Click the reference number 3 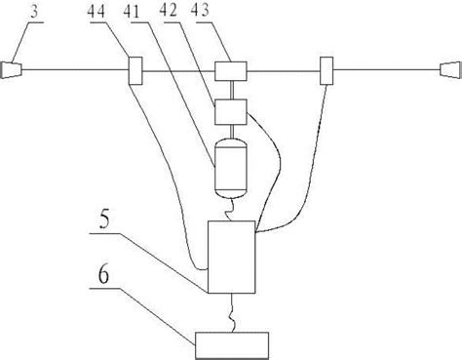(x=34, y=11)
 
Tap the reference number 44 (x=96, y=11)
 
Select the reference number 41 (x=132, y=12)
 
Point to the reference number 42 (x=168, y=11)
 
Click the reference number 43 (x=200, y=11)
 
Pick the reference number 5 (x=104, y=220)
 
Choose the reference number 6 (x=103, y=276)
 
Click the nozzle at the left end (x=11, y=70)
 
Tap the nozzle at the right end (x=450, y=70)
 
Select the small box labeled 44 (x=135, y=70)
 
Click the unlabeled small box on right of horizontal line (x=327, y=70)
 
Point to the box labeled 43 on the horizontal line (x=231, y=71)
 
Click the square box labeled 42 (x=231, y=112)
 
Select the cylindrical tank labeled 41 (x=231, y=168)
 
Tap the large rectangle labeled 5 (x=231, y=257)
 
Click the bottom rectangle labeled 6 (x=232, y=345)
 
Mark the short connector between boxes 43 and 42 (x=231, y=90)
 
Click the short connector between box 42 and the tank (x=231, y=132)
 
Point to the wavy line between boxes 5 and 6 (x=233, y=312)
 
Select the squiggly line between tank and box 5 (x=230, y=210)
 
